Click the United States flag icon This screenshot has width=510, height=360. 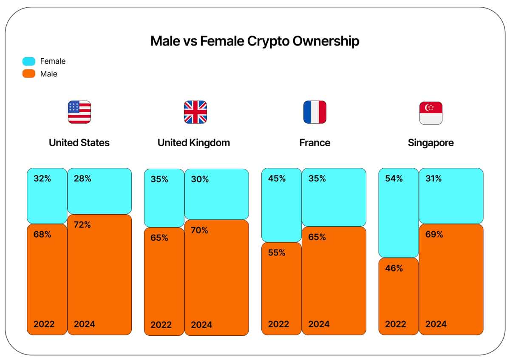[79, 112]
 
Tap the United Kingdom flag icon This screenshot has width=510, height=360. [195, 112]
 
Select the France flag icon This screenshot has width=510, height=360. [315, 112]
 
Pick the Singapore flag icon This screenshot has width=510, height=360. [431, 113]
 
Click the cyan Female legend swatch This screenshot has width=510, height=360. [29, 61]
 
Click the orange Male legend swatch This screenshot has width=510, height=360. [29, 74]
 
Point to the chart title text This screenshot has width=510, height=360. [255, 41]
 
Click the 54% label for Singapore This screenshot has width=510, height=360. [394, 179]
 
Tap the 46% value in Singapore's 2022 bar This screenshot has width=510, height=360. [394, 268]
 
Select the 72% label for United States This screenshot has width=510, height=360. [82, 225]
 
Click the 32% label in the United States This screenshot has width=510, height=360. [42, 179]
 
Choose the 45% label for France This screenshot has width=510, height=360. [277, 179]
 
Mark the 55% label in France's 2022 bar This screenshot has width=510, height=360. [277, 253]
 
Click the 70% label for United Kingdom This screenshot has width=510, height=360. [199, 230]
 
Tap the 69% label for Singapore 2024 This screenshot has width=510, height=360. [434, 235]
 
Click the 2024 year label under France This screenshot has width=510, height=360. [319, 324]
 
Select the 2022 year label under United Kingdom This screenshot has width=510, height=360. [161, 325]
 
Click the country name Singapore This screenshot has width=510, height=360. [431, 143]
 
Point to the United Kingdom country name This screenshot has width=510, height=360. [194, 143]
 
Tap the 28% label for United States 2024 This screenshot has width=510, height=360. [82, 179]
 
